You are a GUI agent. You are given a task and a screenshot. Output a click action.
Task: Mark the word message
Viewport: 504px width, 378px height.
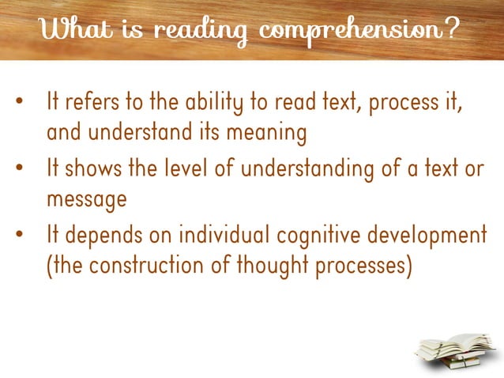click(x=87, y=200)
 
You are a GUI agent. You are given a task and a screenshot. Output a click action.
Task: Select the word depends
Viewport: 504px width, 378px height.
click(x=100, y=236)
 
